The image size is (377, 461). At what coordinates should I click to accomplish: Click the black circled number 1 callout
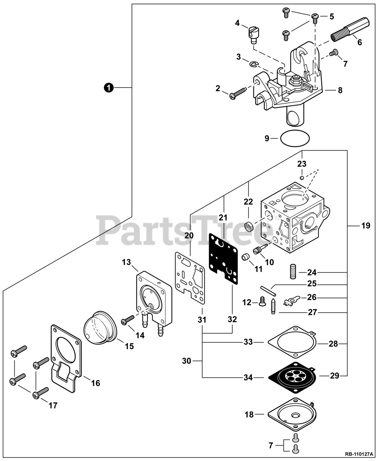[x=108, y=87]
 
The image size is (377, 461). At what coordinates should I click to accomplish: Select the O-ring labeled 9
[x=295, y=138]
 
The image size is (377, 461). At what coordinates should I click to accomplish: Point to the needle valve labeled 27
[x=274, y=305]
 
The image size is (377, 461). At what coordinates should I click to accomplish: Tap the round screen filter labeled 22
[x=248, y=227]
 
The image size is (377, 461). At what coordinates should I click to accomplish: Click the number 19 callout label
[x=365, y=226]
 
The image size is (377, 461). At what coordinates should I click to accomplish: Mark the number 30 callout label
[x=187, y=361]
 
